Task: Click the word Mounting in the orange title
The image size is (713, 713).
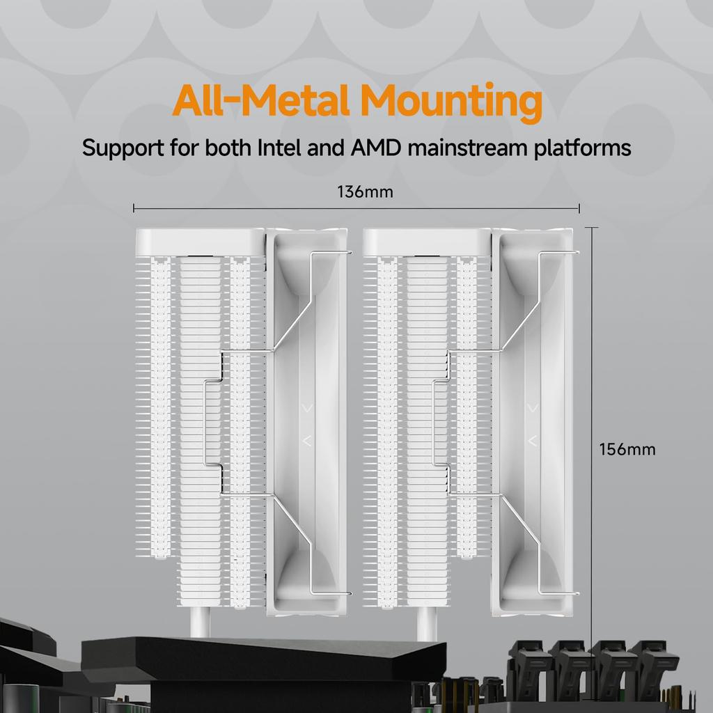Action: (451, 102)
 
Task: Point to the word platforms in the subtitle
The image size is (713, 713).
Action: (583, 149)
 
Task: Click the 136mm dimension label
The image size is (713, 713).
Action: (365, 192)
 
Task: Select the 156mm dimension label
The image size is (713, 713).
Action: (627, 449)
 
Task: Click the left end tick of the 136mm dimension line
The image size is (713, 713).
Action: (134, 208)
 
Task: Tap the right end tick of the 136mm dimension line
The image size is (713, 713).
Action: (579, 208)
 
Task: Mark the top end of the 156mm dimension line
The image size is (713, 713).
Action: (592, 228)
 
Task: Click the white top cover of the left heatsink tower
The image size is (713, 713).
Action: (200, 242)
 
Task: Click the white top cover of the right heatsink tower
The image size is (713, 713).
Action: (427, 242)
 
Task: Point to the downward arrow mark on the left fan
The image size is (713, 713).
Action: (307, 408)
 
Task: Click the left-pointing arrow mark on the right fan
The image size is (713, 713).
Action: (533, 441)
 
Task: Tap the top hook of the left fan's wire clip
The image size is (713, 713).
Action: (331, 253)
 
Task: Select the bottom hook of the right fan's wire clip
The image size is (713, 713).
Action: (558, 593)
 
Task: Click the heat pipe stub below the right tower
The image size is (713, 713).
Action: (427, 623)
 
